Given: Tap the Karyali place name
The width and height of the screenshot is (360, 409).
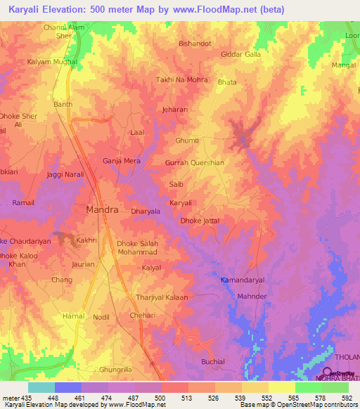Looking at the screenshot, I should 181,202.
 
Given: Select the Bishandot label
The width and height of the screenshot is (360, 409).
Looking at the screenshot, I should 195,44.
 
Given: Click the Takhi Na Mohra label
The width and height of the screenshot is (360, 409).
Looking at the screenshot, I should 181,79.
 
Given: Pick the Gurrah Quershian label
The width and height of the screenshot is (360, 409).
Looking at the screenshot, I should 195,162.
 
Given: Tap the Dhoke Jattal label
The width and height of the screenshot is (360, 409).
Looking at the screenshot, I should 200,221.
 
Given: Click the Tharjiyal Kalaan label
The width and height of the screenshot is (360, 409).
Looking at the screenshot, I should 161,297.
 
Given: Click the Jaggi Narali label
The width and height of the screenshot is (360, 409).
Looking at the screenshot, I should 65,174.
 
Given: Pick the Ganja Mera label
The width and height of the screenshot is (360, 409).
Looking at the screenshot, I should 122,161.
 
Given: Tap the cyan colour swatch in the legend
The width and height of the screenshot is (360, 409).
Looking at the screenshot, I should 41,387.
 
